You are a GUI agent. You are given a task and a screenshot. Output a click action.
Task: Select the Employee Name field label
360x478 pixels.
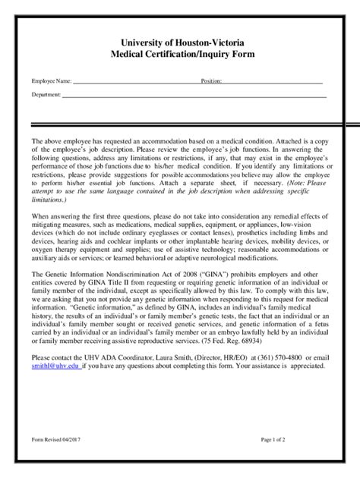[x=51, y=80]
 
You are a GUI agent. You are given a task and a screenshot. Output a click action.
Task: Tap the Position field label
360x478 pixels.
[x=211, y=80]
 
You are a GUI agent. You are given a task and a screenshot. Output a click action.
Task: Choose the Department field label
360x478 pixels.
[x=46, y=95]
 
